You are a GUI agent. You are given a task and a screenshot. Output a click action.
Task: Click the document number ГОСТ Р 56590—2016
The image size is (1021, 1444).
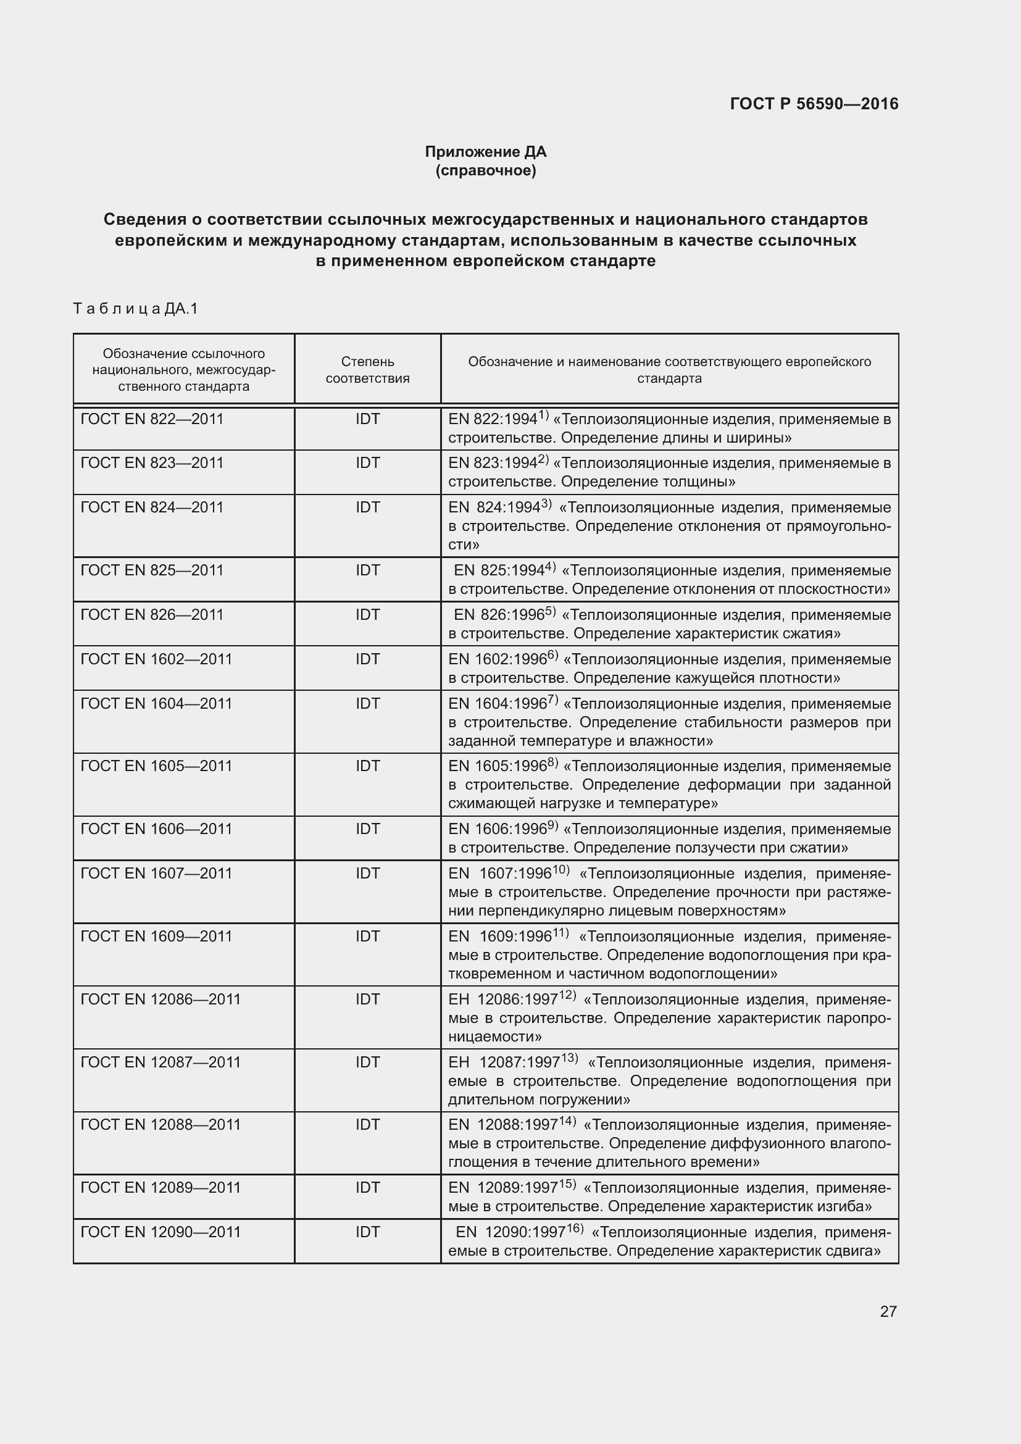coord(814,104)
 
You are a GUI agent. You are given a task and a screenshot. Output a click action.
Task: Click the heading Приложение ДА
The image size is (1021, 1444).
coord(485,152)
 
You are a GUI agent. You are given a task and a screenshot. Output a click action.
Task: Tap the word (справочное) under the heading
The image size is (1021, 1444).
coord(485,170)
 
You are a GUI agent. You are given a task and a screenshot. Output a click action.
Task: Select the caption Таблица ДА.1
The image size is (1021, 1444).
coord(135,308)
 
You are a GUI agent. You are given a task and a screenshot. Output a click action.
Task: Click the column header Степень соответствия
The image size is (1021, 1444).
coord(367,370)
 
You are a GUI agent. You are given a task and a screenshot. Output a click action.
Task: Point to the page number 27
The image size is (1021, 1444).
coord(888,1311)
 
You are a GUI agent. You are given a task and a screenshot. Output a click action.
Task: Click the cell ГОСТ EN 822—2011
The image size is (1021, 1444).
coord(152,419)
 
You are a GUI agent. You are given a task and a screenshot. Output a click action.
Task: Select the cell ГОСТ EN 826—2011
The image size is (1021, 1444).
coord(152,614)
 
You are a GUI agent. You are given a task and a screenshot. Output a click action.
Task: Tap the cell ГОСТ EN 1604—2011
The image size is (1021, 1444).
coord(157,703)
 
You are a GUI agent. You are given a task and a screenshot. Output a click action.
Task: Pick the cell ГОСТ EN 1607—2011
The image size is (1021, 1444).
coord(157,873)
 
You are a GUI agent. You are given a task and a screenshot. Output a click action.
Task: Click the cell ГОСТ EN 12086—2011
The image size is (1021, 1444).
coord(161,999)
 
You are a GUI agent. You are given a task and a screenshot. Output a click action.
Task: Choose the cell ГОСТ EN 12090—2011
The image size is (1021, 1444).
coord(161,1232)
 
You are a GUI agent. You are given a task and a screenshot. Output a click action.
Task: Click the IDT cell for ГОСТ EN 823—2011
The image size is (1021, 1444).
coord(368,463)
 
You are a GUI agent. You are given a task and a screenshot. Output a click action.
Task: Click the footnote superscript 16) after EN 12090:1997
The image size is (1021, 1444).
coord(574,1229)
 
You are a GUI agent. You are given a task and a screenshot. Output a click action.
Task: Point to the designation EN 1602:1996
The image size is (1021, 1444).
coord(498,660)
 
